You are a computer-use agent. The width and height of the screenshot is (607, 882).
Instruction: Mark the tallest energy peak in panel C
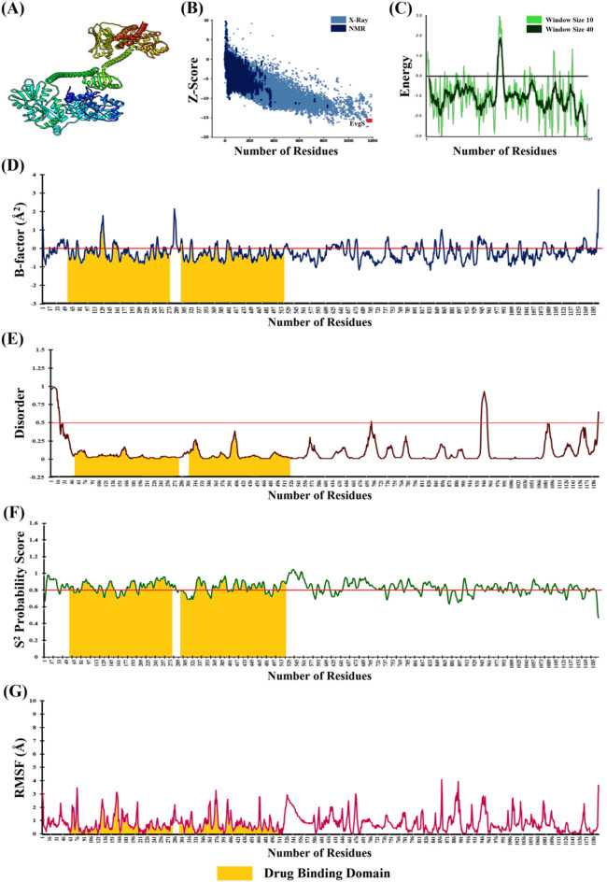pyautogui.click(x=501, y=37)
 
